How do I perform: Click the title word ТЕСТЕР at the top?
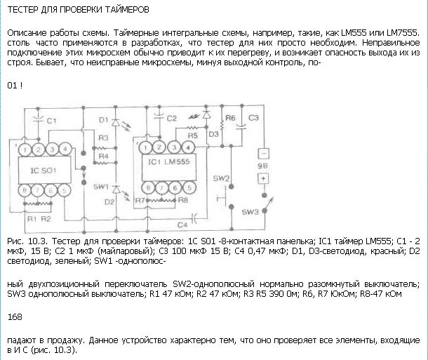coord(26,11)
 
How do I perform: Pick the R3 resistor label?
coord(104,137)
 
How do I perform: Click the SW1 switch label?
coord(100,188)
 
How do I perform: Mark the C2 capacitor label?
coord(171,118)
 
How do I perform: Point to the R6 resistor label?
coord(229,117)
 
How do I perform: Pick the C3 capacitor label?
coord(254,117)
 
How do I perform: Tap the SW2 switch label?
coord(220,178)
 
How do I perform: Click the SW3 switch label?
coord(249,211)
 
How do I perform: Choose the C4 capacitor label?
coord(182,225)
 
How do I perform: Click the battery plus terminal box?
coord(264,178)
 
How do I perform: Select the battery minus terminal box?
coord(264,152)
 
